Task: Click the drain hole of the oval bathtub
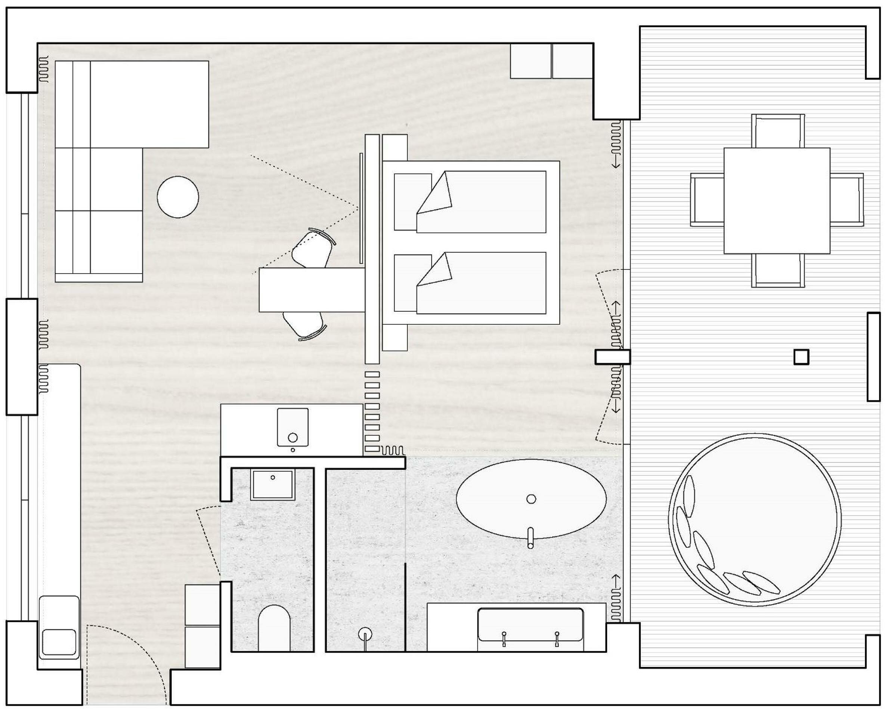pyautogui.click(x=531, y=499)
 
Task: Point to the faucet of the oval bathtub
pyautogui.click(x=530, y=538)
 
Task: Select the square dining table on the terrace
pyautogui.click(x=777, y=200)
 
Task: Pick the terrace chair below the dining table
pyautogui.click(x=778, y=270)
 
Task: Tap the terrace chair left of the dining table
pyautogui.click(x=707, y=200)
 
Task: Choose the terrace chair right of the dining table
pyautogui.click(x=847, y=200)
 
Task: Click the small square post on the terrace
pyautogui.click(x=801, y=357)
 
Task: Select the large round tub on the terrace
pyautogui.click(x=755, y=519)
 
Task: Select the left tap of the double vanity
pyautogui.click(x=504, y=638)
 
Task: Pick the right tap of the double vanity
pyautogui.click(x=557, y=638)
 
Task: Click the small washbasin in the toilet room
pyautogui.click(x=273, y=485)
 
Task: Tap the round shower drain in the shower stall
pyautogui.click(x=365, y=634)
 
